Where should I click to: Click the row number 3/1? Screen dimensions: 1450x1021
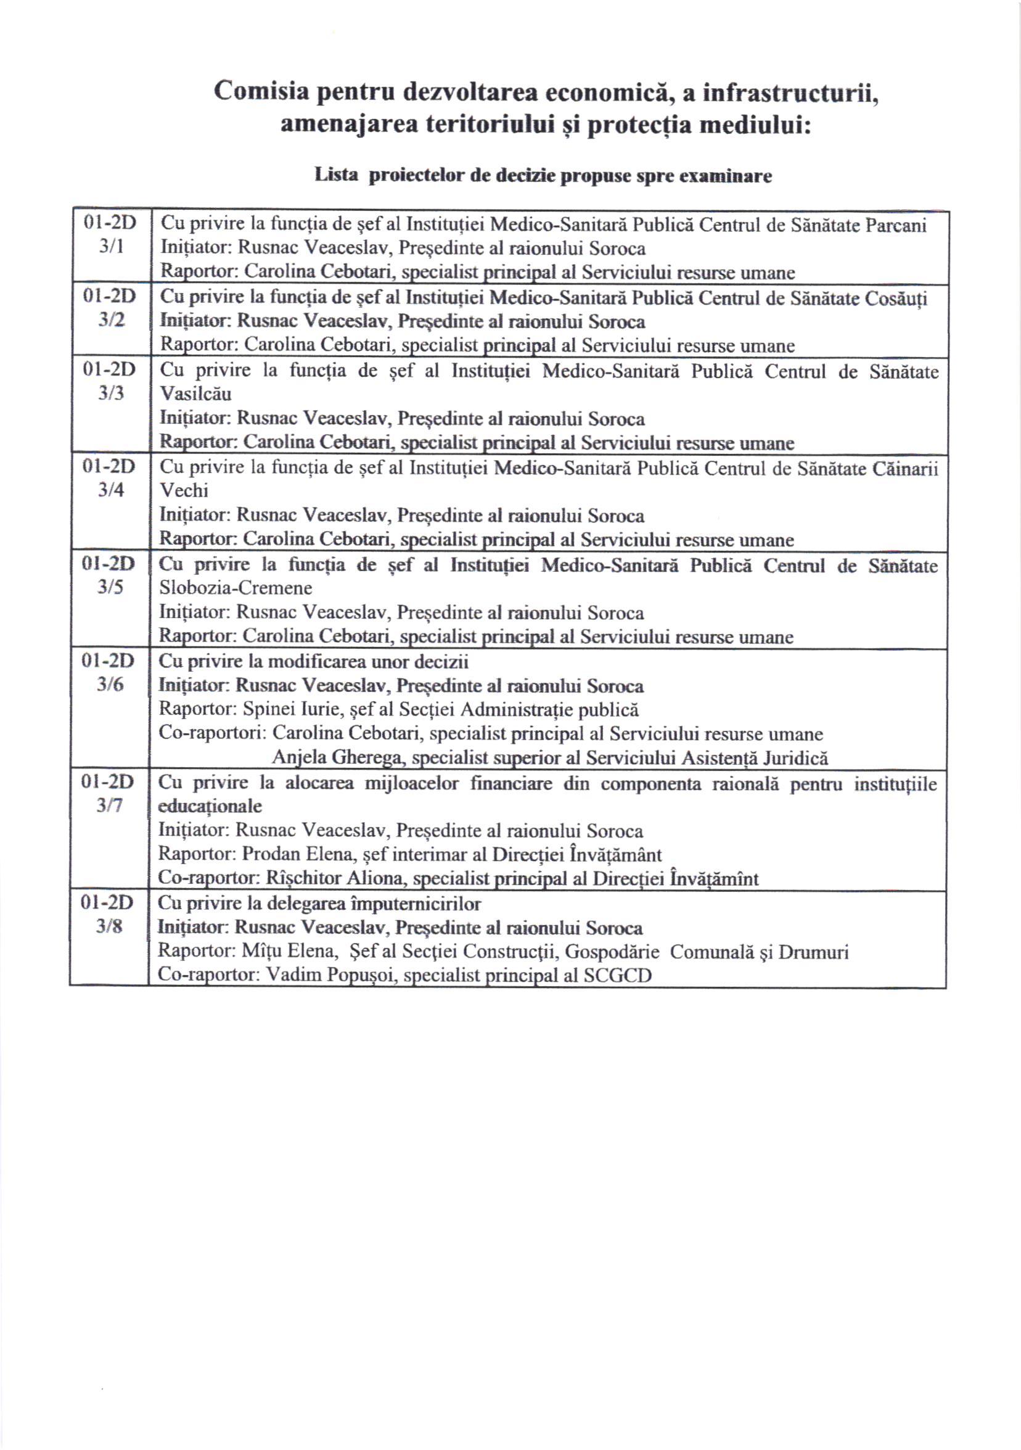tap(110, 246)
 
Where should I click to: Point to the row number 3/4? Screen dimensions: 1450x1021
tap(110, 490)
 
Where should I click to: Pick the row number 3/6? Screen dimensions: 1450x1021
tap(109, 684)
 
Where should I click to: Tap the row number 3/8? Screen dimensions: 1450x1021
tap(109, 926)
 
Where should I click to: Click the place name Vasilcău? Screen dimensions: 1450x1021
tap(195, 393)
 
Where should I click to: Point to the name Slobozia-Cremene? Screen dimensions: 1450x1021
tap(236, 587)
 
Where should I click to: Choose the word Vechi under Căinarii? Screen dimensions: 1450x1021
tap(183, 490)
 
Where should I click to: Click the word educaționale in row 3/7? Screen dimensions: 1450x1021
tap(210, 807)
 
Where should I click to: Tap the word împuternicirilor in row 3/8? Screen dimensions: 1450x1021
tap(412, 904)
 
